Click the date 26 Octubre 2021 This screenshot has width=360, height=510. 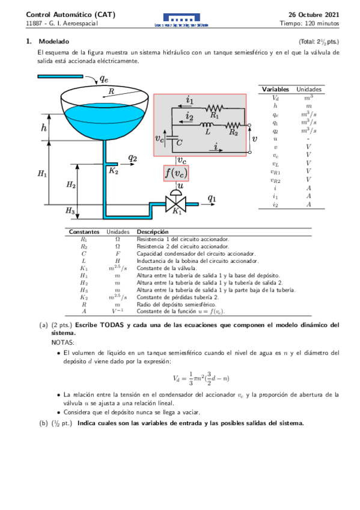(x=314, y=13)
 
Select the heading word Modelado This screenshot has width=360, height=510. (x=53, y=41)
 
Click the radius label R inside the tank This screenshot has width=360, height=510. (x=112, y=91)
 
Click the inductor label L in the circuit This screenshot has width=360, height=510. (x=208, y=131)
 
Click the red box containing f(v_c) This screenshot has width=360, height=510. (x=176, y=173)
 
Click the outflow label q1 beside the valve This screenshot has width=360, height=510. (x=212, y=197)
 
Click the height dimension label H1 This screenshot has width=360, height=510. (x=42, y=174)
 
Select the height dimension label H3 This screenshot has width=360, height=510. (x=70, y=211)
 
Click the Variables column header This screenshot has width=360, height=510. (x=276, y=89)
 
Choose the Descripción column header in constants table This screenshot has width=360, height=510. (x=153, y=232)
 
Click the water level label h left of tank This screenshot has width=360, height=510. (x=44, y=127)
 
